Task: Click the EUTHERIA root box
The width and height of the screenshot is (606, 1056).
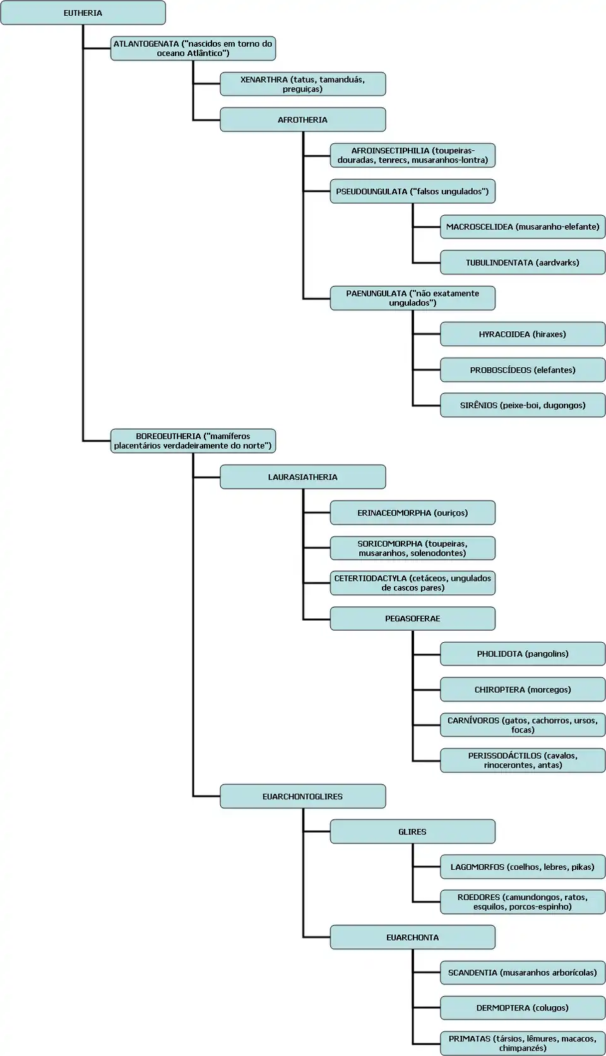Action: [x=83, y=13]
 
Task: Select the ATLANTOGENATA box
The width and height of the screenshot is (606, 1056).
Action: [x=193, y=49]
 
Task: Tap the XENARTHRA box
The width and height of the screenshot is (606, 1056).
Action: [x=302, y=84]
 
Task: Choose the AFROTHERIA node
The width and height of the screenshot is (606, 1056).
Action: [x=302, y=120]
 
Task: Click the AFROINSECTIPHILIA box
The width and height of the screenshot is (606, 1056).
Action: [x=412, y=155]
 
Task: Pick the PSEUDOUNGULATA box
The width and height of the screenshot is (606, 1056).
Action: [x=412, y=191]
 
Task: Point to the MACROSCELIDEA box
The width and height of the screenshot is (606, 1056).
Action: [x=522, y=226]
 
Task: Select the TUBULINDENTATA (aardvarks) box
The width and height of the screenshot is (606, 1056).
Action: [x=522, y=262]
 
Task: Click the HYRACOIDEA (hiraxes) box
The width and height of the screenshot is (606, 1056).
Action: [x=522, y=334]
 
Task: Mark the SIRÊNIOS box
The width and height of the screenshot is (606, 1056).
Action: [x=522, y=406]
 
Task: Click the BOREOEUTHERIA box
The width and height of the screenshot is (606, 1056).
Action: [x=193, y=441]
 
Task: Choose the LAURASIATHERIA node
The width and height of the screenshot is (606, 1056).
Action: [x=302, y=477]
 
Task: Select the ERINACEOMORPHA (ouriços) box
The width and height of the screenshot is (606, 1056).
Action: [x=412, y=513]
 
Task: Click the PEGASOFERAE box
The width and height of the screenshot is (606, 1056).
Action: [x=412, y=618]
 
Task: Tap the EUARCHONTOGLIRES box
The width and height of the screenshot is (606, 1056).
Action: [x=302, y=796]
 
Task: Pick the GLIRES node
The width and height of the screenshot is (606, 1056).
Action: [x=412, y=831]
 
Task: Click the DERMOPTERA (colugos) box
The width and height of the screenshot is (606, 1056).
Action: [x=522, y=1008]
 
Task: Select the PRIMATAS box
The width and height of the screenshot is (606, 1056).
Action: [x=522, y=1043]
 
